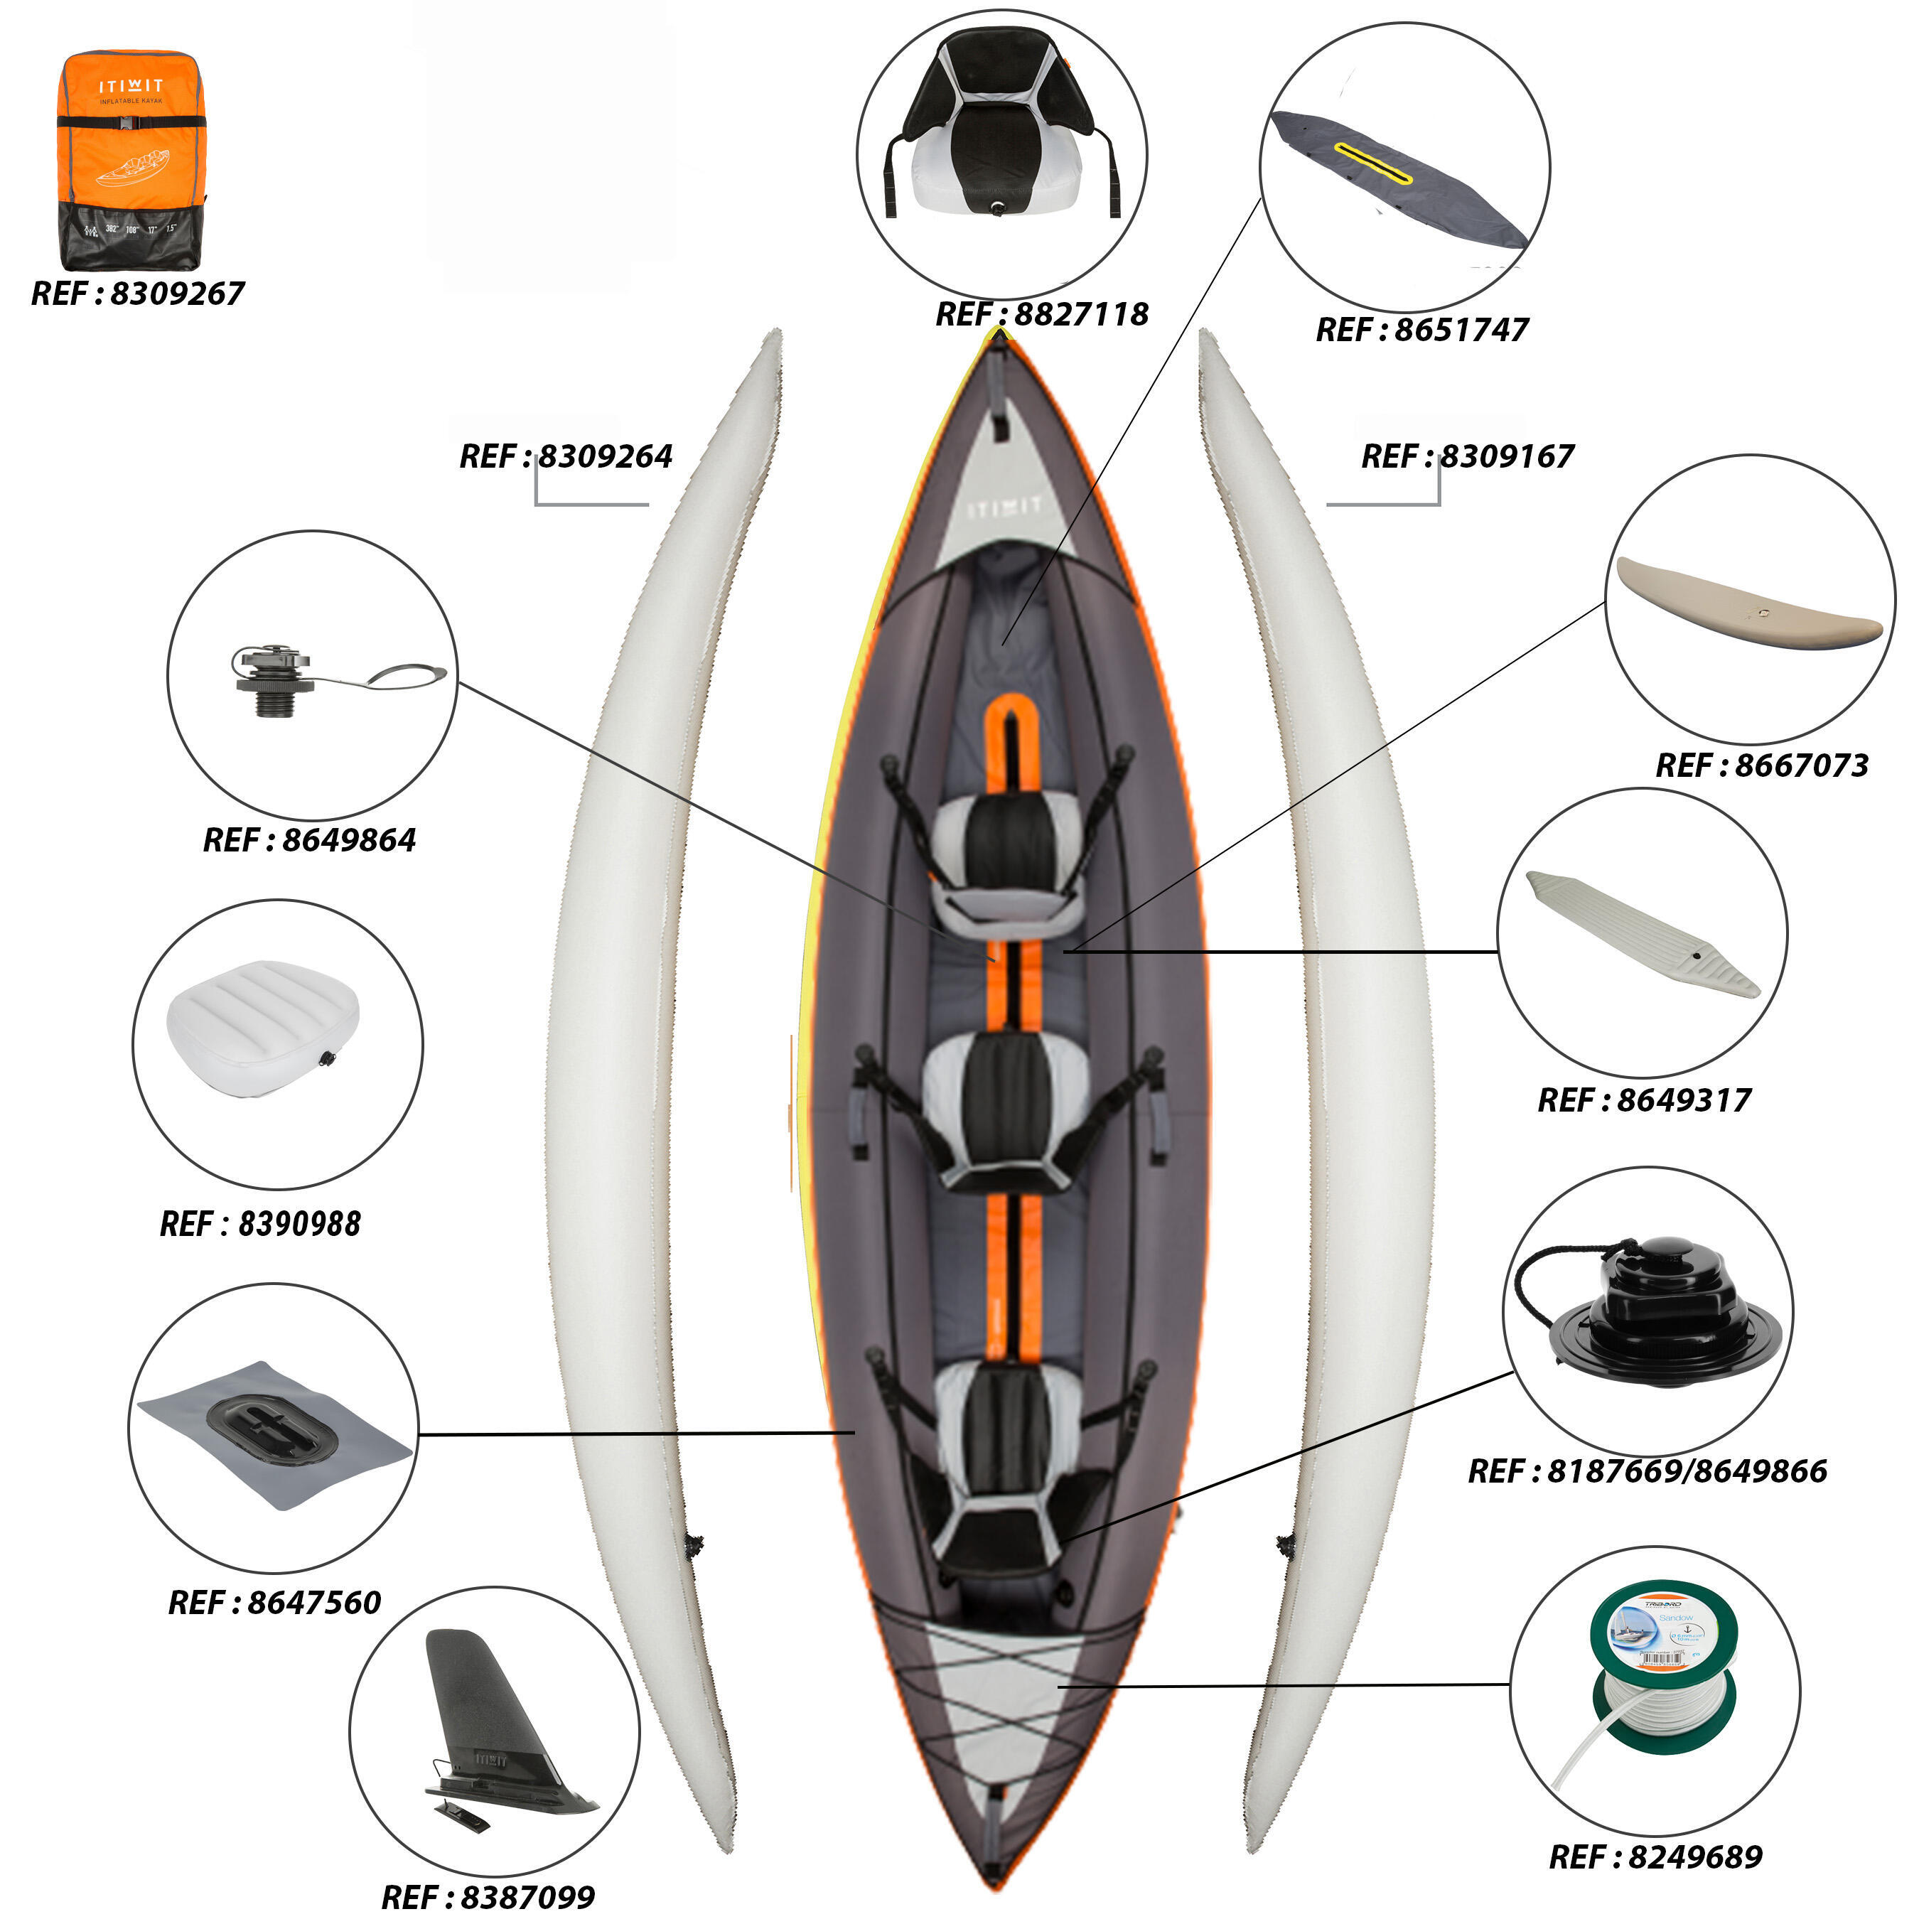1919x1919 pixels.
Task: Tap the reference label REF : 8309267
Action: [137, 294]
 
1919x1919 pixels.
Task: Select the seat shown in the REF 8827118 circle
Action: [1001, 134]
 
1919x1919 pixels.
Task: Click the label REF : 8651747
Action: [1421, 330]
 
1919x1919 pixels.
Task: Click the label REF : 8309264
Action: [565, 457]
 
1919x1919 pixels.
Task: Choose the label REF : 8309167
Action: [1467, 457]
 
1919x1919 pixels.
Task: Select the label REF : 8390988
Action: [260, 1224]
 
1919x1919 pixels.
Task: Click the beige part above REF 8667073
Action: [1748, 604]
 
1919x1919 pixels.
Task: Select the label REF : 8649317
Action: [1644, 1100]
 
